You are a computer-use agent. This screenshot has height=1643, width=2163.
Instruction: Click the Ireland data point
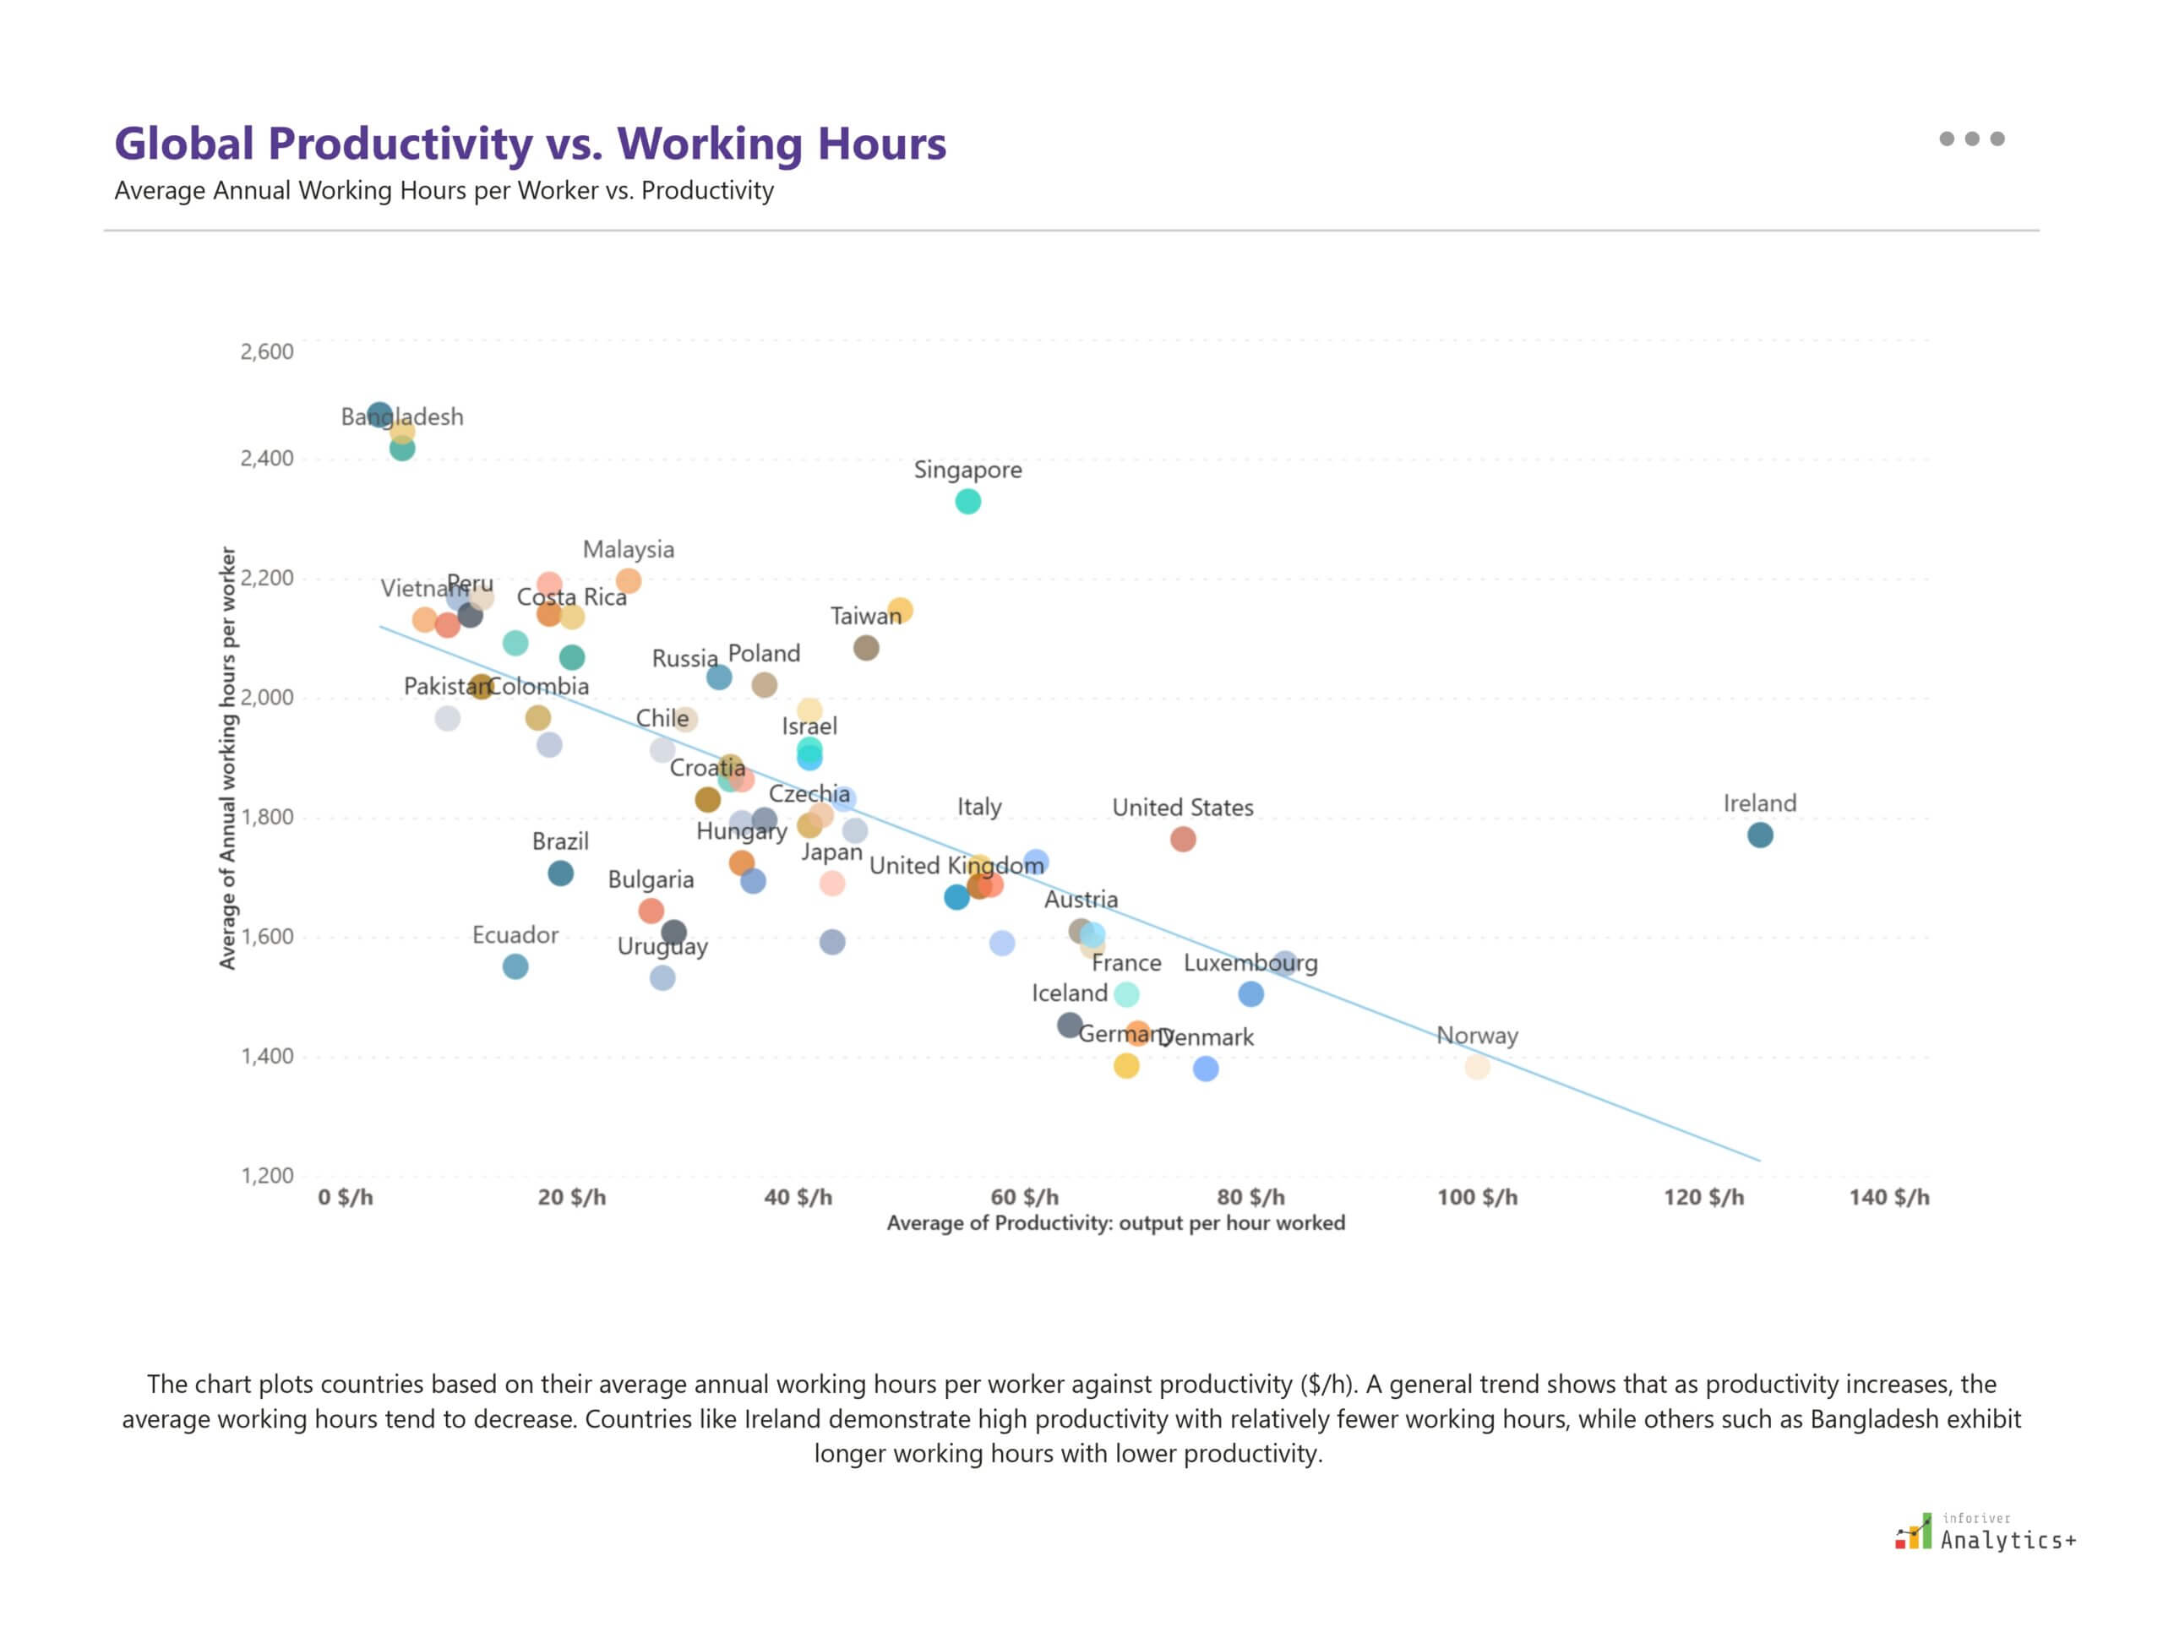1759,835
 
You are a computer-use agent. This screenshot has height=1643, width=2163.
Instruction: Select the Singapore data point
967,502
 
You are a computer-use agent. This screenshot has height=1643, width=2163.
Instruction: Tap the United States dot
1183,839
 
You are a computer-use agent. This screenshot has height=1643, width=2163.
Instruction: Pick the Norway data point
1477,1067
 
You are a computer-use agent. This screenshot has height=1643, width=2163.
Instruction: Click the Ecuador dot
515,966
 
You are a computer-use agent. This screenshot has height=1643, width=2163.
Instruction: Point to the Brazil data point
560,873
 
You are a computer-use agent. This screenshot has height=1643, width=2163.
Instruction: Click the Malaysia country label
628,550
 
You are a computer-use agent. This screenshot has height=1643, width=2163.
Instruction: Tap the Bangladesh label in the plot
402,417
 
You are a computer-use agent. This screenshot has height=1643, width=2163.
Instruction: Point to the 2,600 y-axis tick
267,352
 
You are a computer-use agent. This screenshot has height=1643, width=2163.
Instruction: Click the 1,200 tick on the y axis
267,1176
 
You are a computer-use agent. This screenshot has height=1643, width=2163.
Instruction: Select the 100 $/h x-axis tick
1477,1197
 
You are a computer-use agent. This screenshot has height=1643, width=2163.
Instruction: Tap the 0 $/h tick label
346,1197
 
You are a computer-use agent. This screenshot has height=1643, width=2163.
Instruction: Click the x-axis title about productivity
1115,1223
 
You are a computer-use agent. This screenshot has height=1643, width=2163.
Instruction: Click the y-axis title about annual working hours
228,758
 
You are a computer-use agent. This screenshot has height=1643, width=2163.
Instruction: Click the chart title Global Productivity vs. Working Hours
531,144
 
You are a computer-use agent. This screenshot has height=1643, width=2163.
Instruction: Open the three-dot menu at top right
1971,139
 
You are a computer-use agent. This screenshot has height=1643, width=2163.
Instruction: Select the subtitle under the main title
444,191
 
